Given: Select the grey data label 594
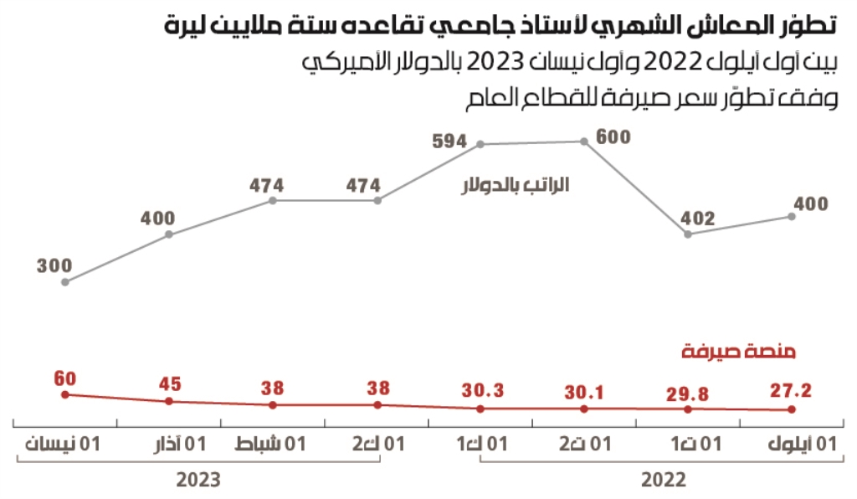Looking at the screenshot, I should [x=449, y=141].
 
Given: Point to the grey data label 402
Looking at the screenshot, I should [x=698, y=219].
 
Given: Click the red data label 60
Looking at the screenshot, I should [x=64, y=377].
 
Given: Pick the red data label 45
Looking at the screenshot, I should [x=169, y=386].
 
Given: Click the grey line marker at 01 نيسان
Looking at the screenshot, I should [x=65, y=282].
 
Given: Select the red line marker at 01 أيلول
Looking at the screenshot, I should [x=792, y=409].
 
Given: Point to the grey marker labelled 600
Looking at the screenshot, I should [x=584, y=141].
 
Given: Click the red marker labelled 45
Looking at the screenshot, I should [x=169, y=401].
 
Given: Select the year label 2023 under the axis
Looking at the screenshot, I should [x=198, y=481].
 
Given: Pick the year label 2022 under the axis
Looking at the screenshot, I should [x=664, y=481].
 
